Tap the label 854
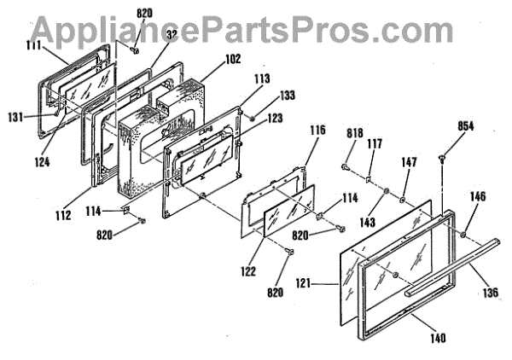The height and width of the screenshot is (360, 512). click(x=441, y=125)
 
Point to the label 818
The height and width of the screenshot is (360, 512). click(x=355, y=133)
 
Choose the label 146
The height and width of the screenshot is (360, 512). click(x=477, y=196)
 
